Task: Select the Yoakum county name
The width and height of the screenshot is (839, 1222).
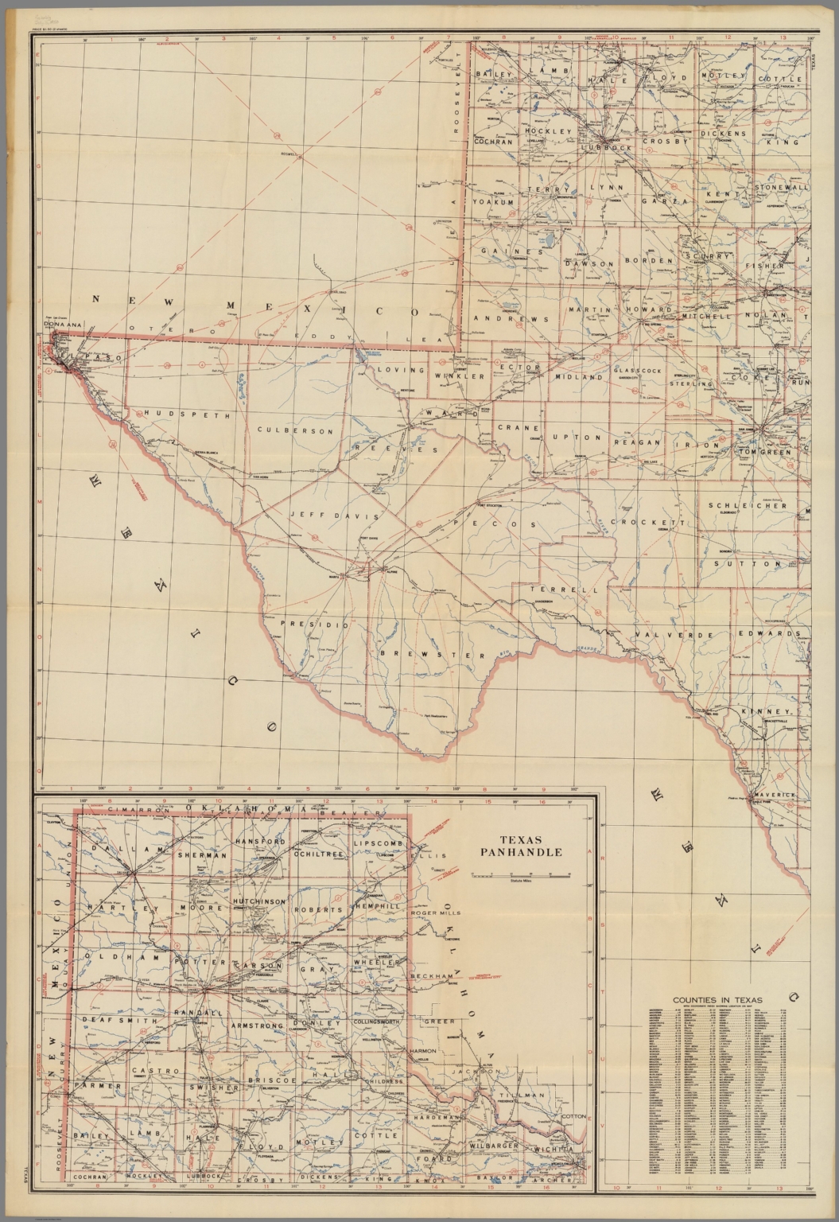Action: click(495, 202)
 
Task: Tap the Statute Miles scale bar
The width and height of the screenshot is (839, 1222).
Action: click(520, 875)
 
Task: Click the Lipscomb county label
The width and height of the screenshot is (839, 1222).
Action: click(379, 842)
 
